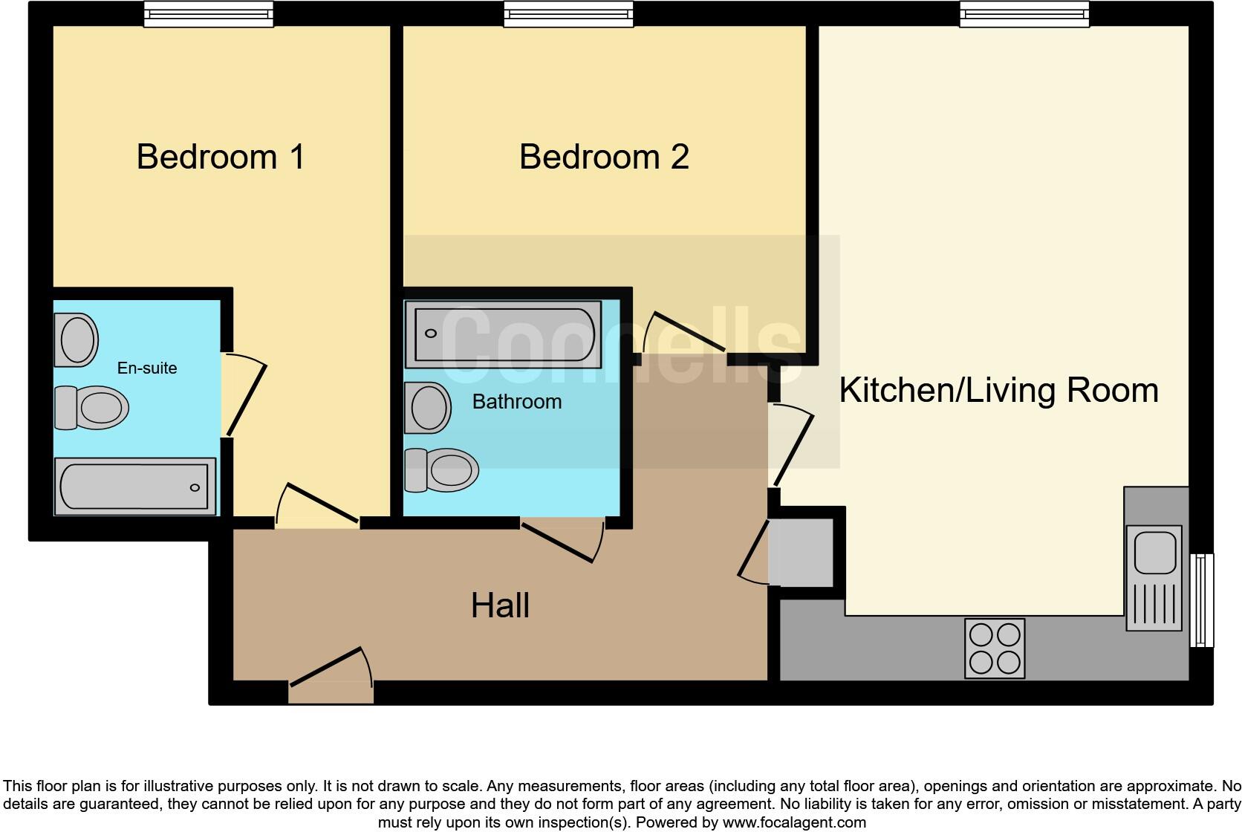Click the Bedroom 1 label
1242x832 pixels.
[221, 157]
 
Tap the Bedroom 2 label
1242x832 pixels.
[604, 157]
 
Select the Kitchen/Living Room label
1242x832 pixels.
[998, 391]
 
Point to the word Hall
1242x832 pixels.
[500, 606]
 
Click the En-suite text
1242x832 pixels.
[147, 368]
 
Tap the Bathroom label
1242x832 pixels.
[517, 402]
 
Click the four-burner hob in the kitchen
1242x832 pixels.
[995, 648]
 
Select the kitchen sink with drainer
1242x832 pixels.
[1154, 577]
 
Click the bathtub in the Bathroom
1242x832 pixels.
[503, 334]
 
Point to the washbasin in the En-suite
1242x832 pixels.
[77, 339]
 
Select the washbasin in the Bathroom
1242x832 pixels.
[428, 408]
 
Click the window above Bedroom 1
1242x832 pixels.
[208, 14]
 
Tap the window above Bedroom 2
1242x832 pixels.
[568, 14]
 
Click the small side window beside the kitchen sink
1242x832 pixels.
[1202, 599]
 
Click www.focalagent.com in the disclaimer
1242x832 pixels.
[793, 822]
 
